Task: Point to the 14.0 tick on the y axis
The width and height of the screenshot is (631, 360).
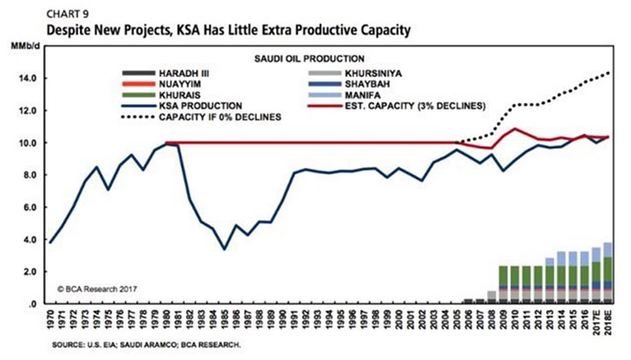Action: [x=27, y=78]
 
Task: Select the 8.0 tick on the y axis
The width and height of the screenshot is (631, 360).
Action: [x=29, y=175]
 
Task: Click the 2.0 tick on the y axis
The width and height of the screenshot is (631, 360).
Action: [x=29, y=272]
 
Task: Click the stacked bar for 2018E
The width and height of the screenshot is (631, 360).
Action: [x=607, y=272]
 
